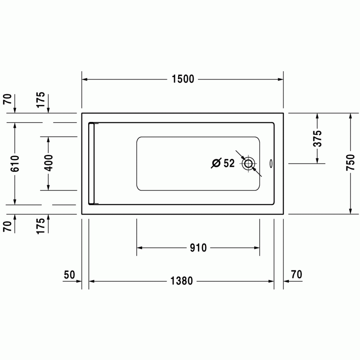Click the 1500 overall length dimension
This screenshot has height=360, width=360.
183,79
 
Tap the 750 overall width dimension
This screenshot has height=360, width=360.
351,162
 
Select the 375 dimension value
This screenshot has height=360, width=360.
318,139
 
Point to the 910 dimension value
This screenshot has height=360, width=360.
198,248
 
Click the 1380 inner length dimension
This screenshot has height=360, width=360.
182,281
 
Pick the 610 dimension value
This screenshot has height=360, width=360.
15,163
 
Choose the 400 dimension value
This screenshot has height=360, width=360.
48,163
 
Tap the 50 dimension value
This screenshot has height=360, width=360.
69,275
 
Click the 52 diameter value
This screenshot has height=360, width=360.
229,163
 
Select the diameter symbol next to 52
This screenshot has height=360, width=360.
216,163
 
